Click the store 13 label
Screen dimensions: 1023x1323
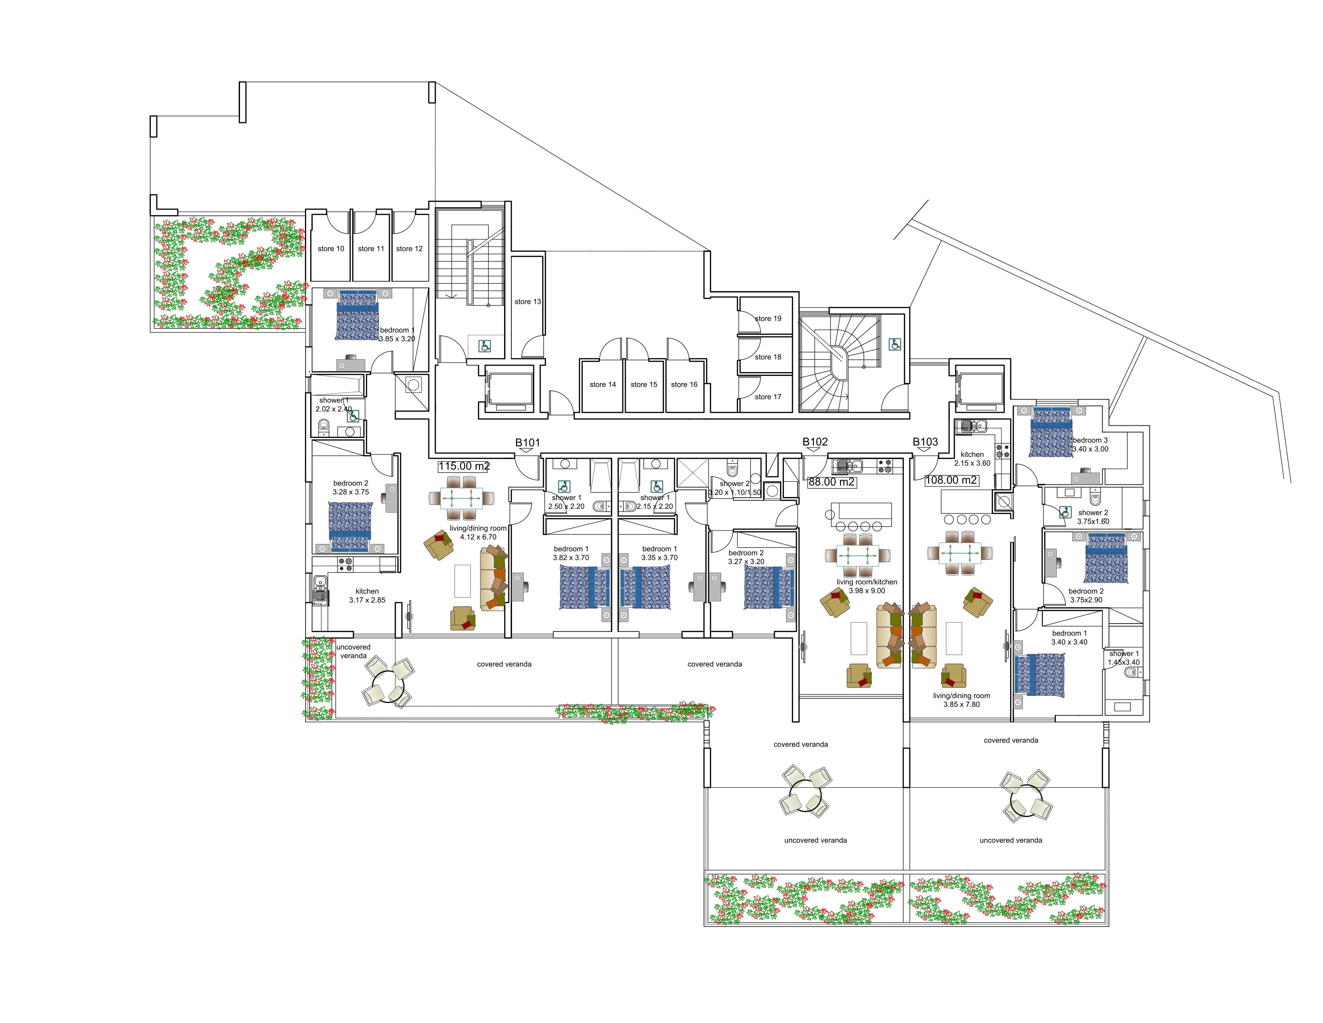527,301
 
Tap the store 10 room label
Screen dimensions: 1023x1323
331,249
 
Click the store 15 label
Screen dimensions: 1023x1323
643,384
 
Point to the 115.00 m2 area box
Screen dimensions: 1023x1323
463,466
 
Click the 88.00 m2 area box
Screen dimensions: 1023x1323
831,482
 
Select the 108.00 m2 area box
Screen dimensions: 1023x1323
951,480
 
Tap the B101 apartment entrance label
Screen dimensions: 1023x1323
527,442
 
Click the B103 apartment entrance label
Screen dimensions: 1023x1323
925,442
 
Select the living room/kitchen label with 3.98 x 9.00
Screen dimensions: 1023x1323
866,586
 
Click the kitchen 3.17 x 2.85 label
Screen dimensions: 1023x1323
367,595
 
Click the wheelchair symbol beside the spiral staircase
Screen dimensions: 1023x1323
894,344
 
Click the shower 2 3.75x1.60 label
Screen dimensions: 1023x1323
1093,516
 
